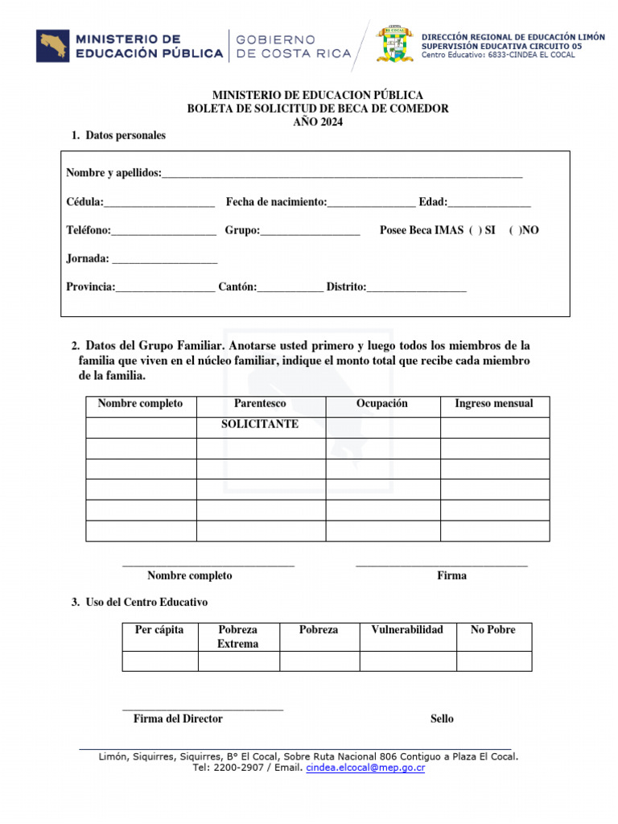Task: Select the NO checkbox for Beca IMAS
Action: pos(515,230)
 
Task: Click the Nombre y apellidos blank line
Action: pos(342,175)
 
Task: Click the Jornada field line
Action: pos(164,261)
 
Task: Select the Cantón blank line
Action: pos(290,289)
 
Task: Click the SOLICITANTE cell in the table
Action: pos(260,424)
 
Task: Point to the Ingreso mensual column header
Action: pos(494,404)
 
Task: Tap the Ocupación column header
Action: pos(382,404)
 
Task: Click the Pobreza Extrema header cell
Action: pos(238,637)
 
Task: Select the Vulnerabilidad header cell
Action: pos(407,630)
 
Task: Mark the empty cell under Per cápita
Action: pos(159,661)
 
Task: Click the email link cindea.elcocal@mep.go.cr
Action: pos(365,768)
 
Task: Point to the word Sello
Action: pos(442,719)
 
